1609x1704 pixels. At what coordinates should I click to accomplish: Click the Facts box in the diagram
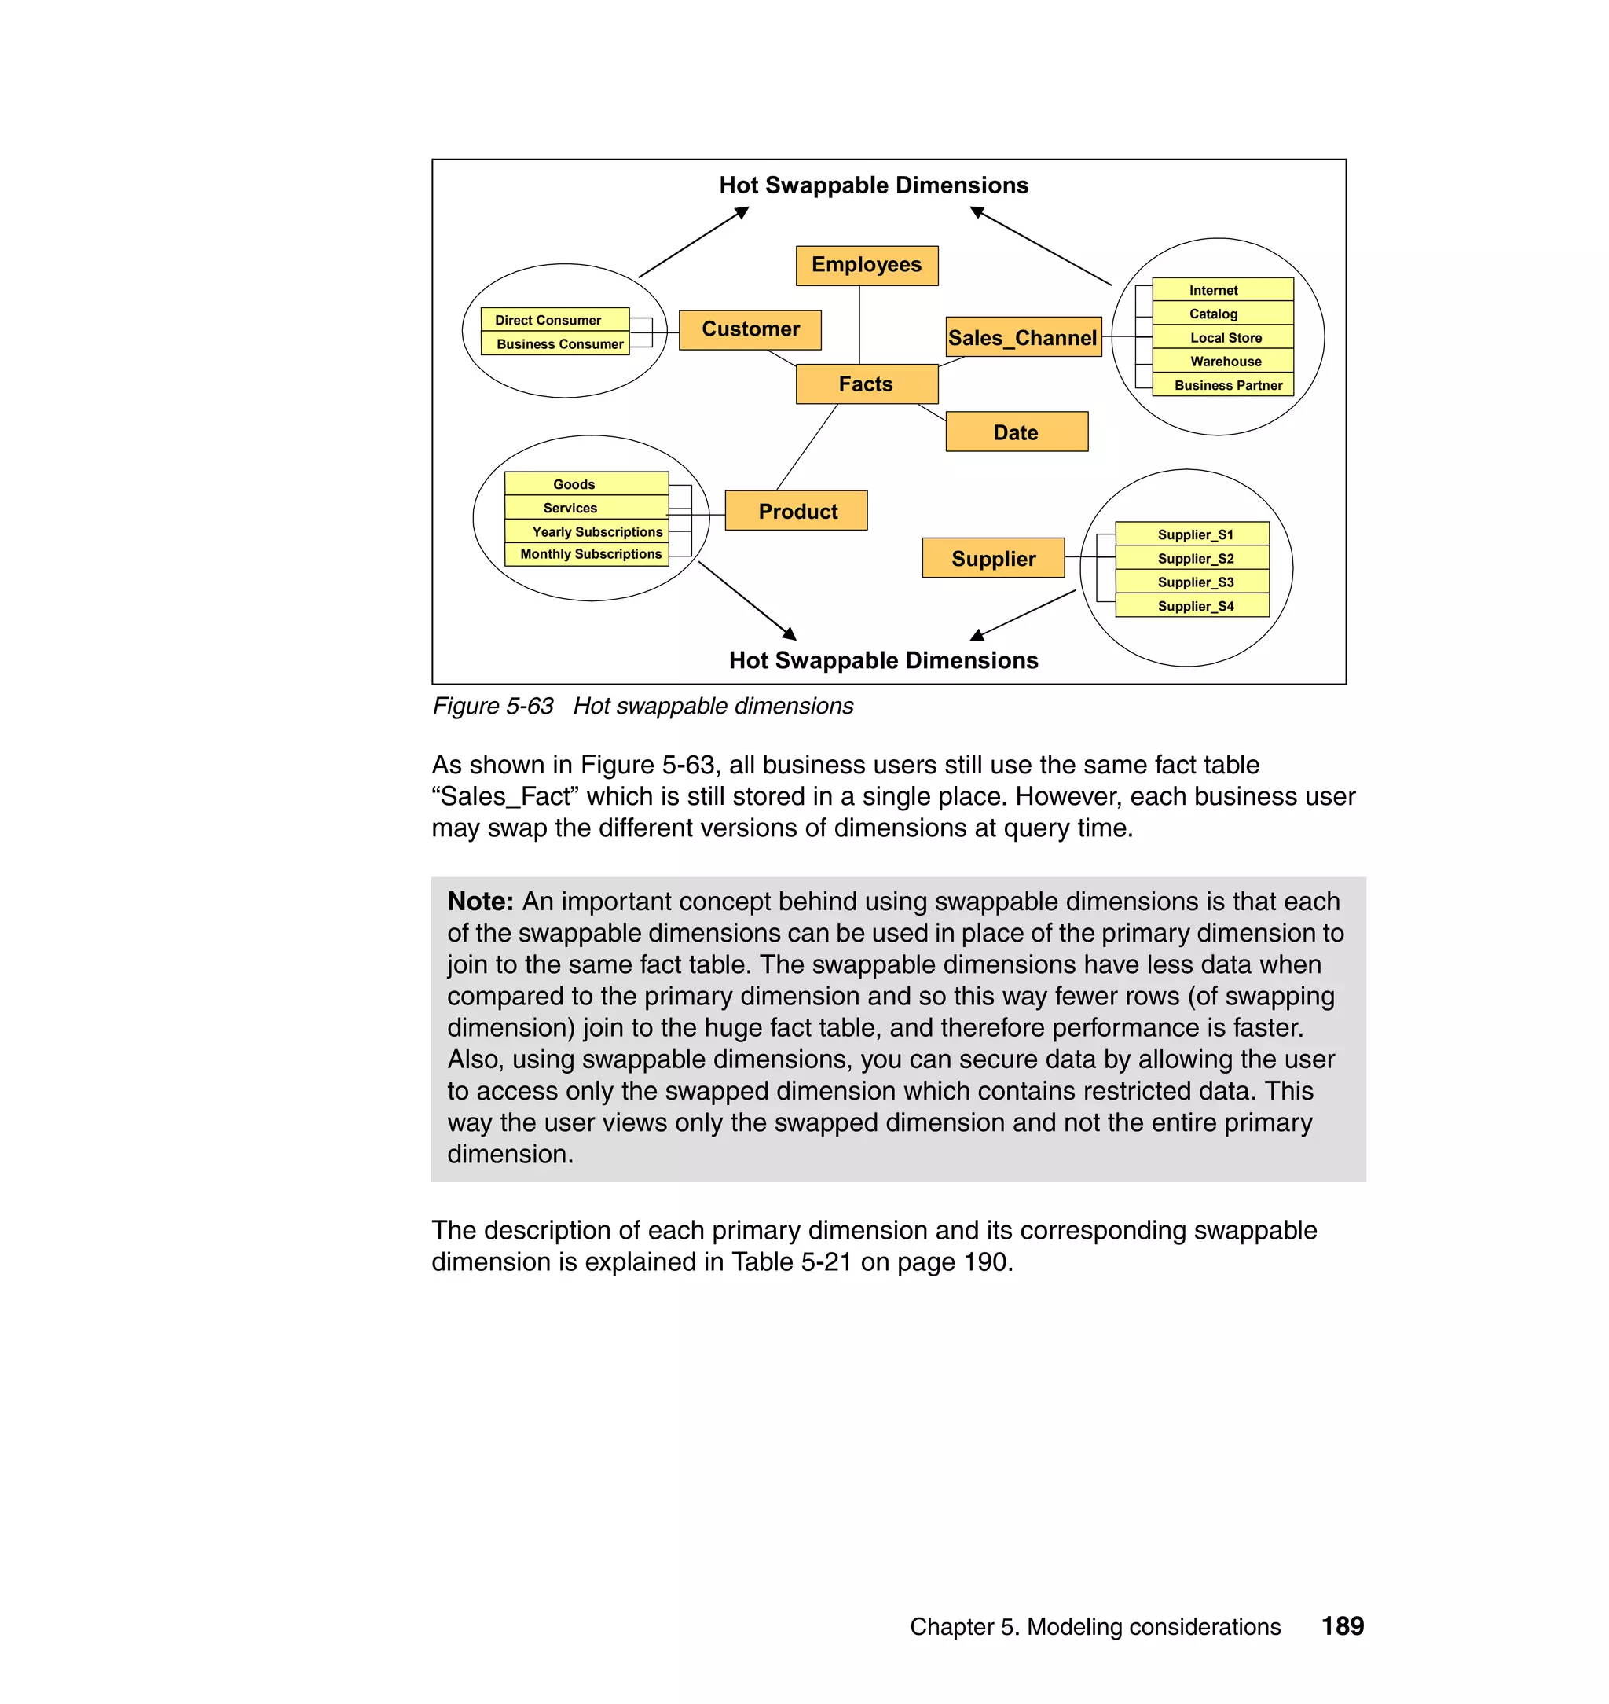[x=867, y=384]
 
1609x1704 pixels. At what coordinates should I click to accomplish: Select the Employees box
[x=867, y=265]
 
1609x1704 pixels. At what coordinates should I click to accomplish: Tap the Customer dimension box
[x=750, y=329]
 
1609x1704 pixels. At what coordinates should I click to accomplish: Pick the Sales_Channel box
[x=1022, y=337]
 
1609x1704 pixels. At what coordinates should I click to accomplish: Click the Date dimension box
[x=1017, y=432]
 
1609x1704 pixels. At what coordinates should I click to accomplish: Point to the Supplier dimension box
[x=993, y=558]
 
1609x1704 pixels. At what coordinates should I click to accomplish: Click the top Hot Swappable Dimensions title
[x=873, y=185]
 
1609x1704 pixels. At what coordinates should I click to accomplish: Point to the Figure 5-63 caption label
[x=493, y=706]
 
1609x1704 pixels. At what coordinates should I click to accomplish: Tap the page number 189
[x=1342, y=1626]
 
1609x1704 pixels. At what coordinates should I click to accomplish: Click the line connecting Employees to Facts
[x=859, y=325]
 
